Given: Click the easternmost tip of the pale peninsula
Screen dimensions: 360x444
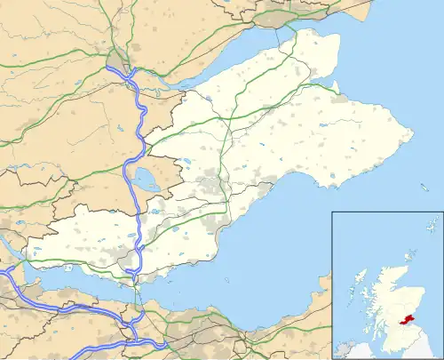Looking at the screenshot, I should tap(413, 134).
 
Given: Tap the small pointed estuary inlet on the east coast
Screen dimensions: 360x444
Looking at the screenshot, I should tap(336, 87).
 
